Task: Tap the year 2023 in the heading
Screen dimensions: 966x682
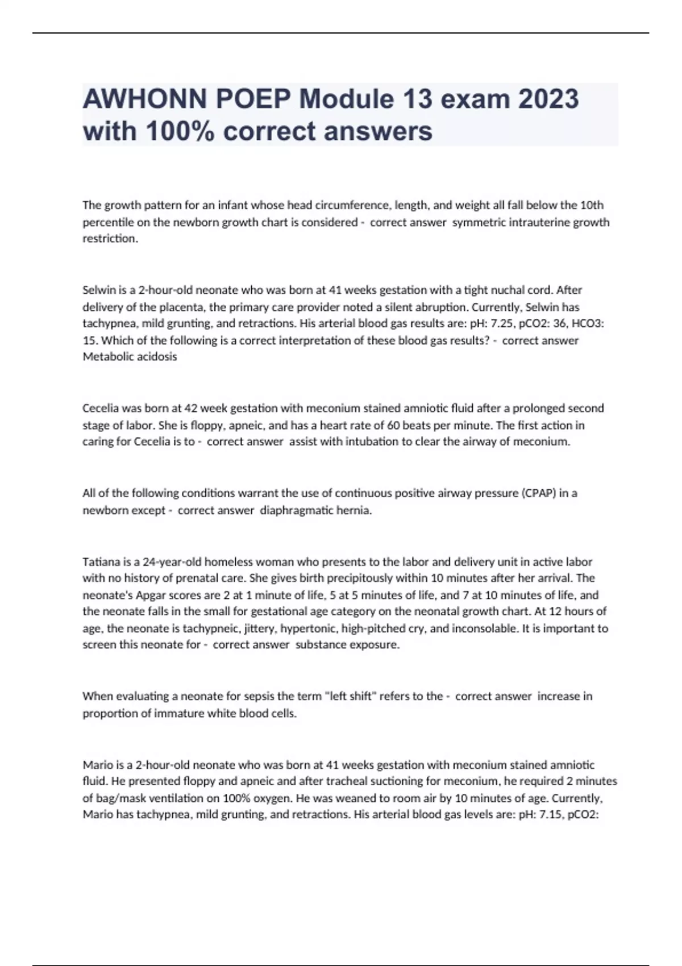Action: [547, 99]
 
